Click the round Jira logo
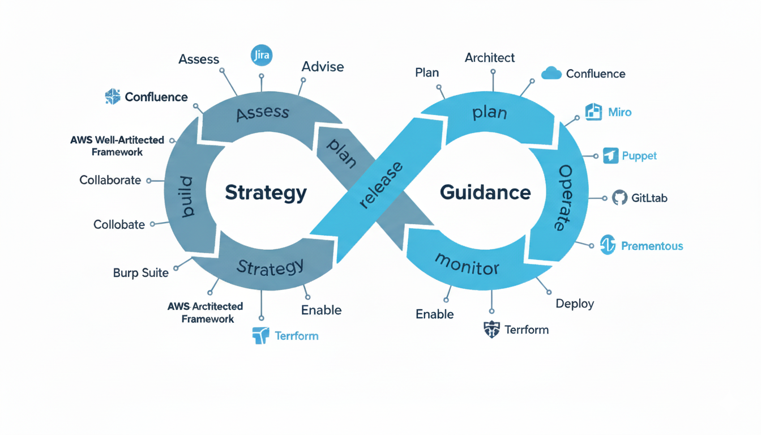pos(261,56)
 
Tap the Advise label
pos(323,66)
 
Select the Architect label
pos(490,57)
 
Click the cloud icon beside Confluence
pos(551,73)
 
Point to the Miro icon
pos(593,112)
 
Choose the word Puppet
pos(639,156)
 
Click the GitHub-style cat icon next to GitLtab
pos(619,198)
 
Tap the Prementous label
pos(652,246)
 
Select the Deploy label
pos(575,304)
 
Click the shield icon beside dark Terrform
pos(491,329)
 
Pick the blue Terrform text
pos(297,336)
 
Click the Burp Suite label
pos(141,272)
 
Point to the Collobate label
pos(119,224)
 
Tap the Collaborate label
pos(110,180)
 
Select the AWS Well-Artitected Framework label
pos(117,146)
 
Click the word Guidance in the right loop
pos(485,193)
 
